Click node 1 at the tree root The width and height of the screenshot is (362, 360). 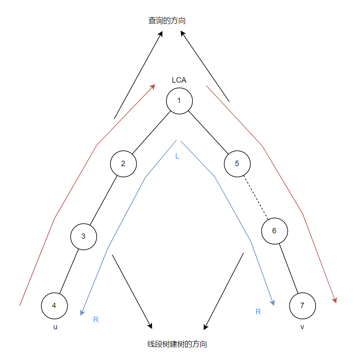coord(179,100)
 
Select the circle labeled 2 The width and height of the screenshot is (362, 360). coord(123,163)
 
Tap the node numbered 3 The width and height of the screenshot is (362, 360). coord(83,236)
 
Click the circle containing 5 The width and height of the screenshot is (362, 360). coord(237,163)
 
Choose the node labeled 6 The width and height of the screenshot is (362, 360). coord(274,231)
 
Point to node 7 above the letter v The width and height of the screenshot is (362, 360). coord(302,306)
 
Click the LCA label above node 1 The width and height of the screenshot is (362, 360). coord(179,80)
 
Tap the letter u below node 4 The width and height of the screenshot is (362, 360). coord(55,327)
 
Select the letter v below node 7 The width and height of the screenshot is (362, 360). coord(302,327)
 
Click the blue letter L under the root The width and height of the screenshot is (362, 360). coord(177,157)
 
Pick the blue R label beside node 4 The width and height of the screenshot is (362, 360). coord(96,320)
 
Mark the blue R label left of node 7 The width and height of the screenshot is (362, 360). coord(258,312)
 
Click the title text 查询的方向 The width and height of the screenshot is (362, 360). coord(167,20)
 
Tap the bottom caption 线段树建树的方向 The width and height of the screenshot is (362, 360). coord(177,344)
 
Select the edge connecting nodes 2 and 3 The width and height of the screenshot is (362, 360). coord(103,200)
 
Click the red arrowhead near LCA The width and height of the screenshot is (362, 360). coord(153,86)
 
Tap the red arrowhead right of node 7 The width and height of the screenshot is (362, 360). coord(335,300)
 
